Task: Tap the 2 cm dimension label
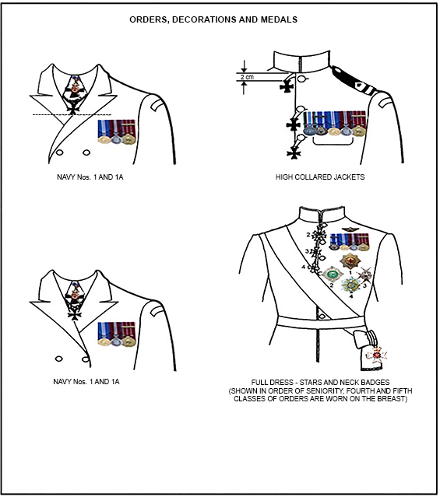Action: tap(247, 77)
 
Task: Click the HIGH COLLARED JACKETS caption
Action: tap(320, 177)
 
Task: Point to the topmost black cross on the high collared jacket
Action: tap(287, 86)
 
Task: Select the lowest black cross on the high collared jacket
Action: tap(294, 154)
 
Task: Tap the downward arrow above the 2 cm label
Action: tap(244, 67)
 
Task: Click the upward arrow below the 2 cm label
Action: tap(244, 87)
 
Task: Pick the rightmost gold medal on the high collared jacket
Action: tap(359, 131)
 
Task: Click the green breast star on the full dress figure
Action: tap(333, 275)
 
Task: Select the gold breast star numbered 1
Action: tap(350, 261)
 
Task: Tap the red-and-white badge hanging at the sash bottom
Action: tap(376, 355)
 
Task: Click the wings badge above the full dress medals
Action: tap(350, 229)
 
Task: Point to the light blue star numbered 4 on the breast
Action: tap(350, 285)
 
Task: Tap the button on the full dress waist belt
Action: tap(322, 317)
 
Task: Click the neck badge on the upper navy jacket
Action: tap(75, 93)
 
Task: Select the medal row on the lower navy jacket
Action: tap(117, 334)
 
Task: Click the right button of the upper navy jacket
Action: tap(86, 152)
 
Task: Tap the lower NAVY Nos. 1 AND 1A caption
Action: tap(86, 382)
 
